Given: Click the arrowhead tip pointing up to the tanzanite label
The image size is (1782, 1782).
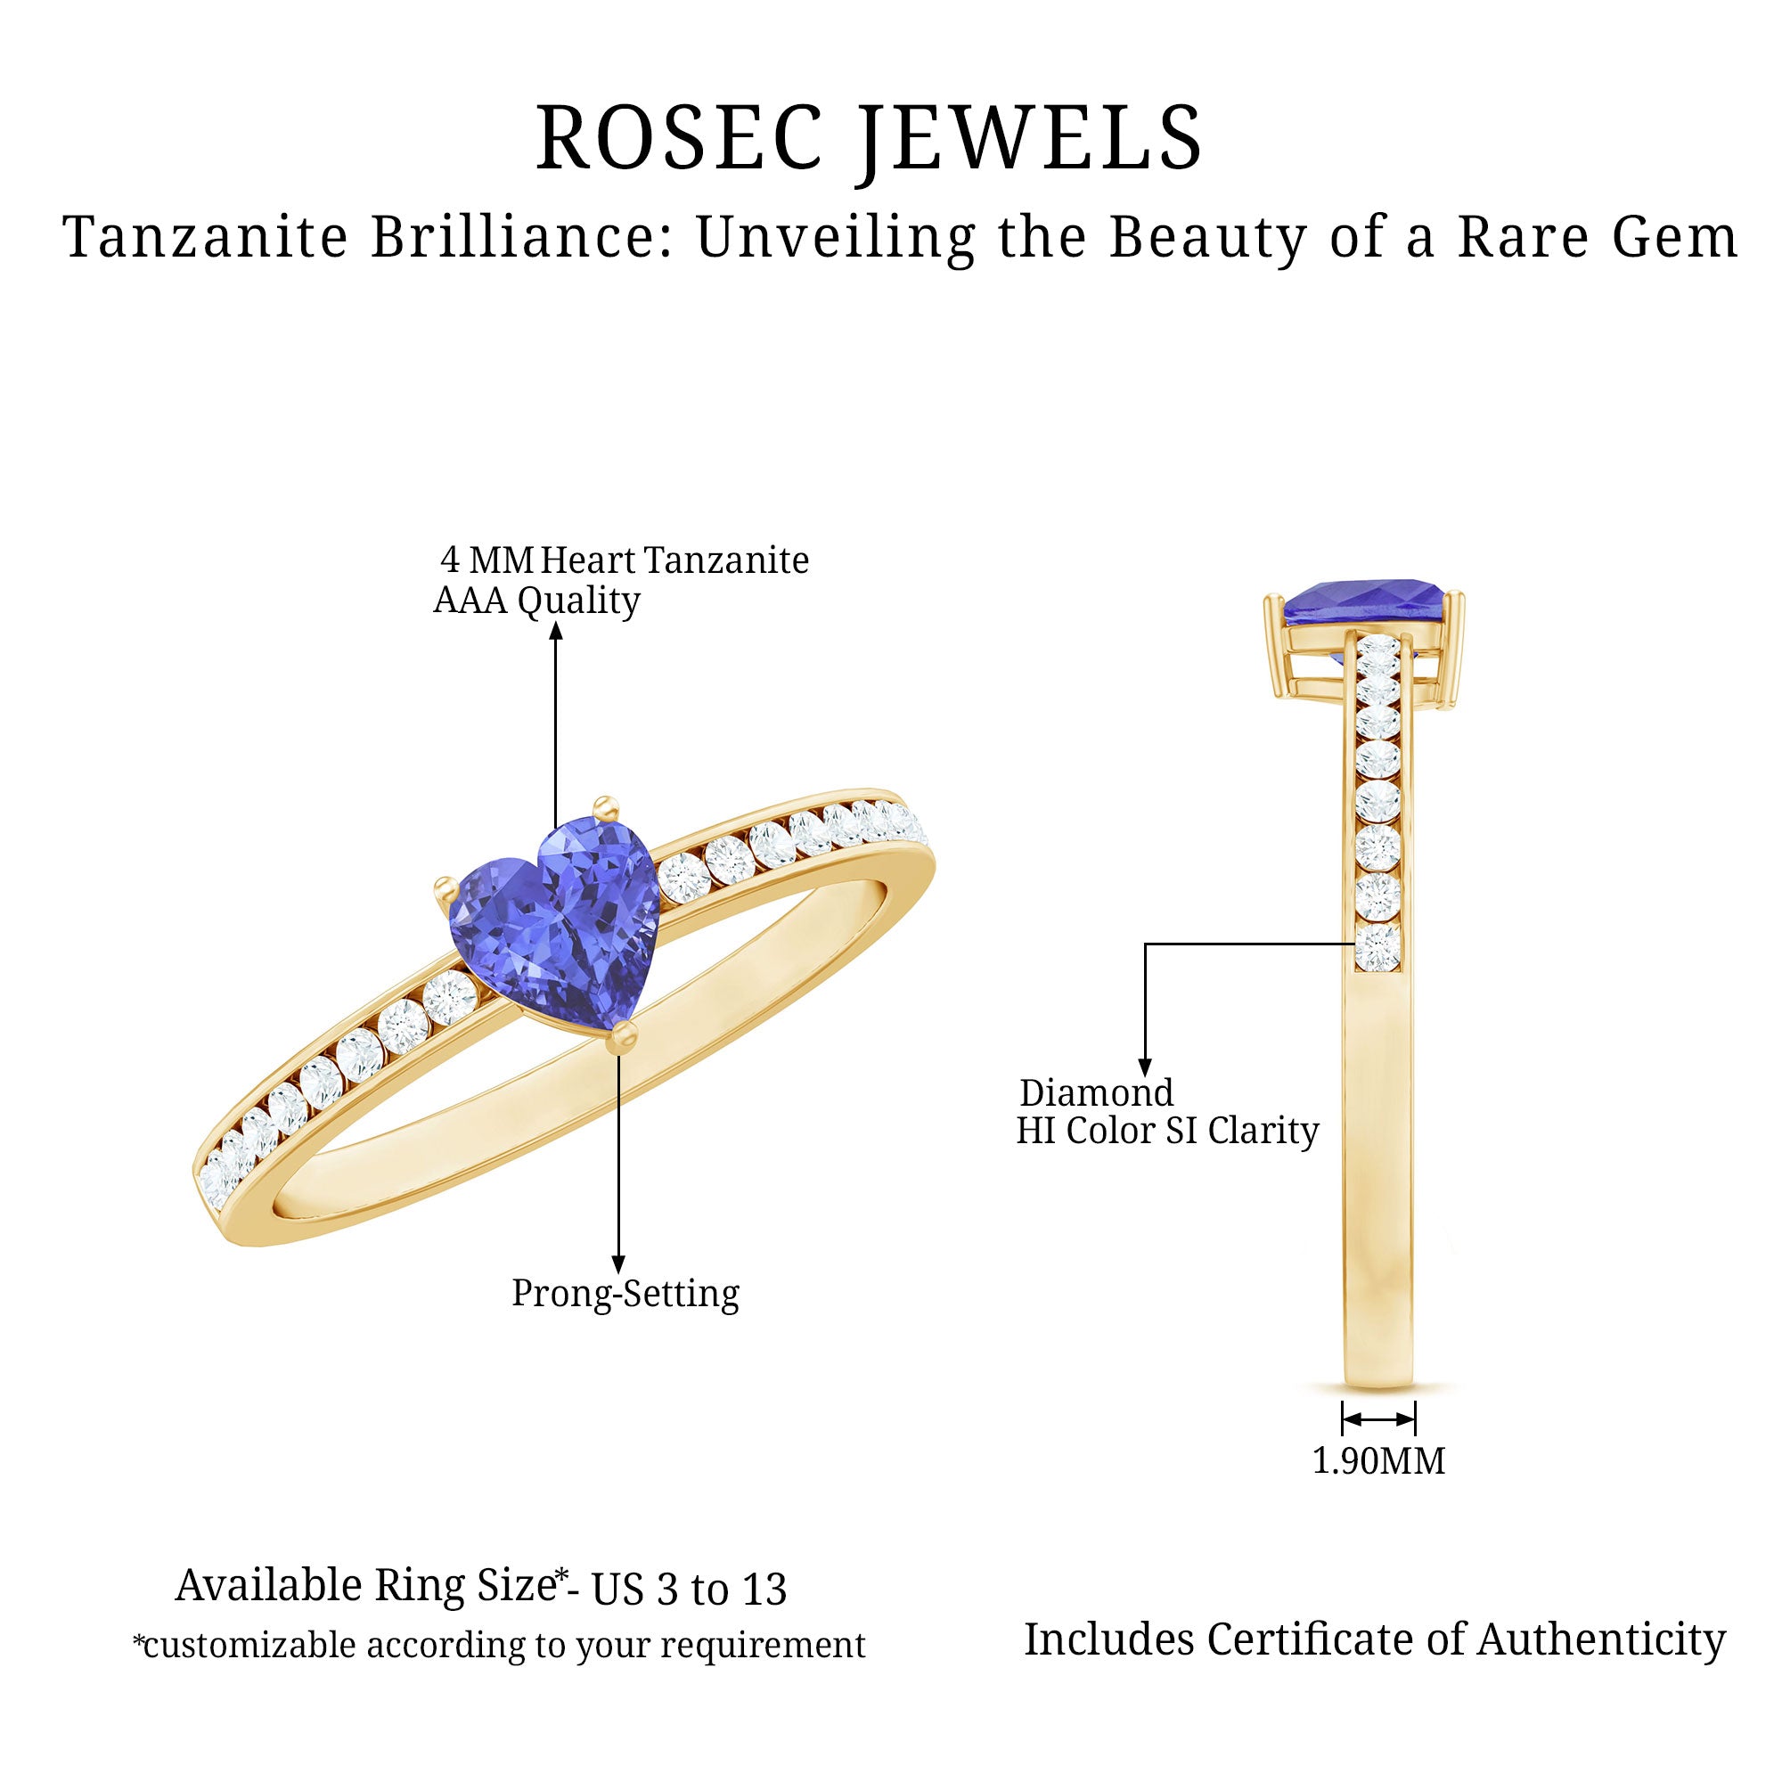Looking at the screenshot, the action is tap(555, 623).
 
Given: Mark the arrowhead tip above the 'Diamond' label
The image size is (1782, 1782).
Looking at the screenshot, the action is tap(1145, 1076).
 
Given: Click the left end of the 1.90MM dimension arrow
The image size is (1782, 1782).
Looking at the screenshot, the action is tap(1343, 1419).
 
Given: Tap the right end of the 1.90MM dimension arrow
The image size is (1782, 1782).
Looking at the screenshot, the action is tap(1414, 1419).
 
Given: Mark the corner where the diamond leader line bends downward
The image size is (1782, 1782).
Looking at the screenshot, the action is tap(1145, 944).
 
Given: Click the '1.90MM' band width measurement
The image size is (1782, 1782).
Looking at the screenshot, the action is tap(1379, 1461).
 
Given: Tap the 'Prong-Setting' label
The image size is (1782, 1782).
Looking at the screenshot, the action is tap(625, 1293).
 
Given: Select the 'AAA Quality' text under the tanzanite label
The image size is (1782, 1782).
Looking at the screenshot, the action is tap(536, 601).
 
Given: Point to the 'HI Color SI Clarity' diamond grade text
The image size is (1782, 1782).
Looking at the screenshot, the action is tap(1168, 1131).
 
